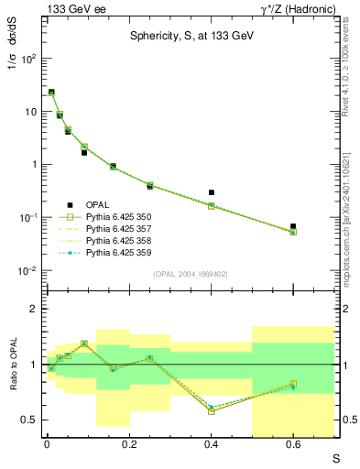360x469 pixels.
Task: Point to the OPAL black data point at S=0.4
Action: click(x=212, y=192)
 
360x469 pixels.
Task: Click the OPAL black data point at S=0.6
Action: click(x=293, y=226)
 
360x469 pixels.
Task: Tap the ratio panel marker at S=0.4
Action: click(x=212, y=410)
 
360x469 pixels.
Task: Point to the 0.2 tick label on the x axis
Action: click(x=129, y=443)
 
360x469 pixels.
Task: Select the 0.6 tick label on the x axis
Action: click(x=293, y=443)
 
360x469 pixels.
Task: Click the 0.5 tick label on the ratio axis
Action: click(x=31, y=420)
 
